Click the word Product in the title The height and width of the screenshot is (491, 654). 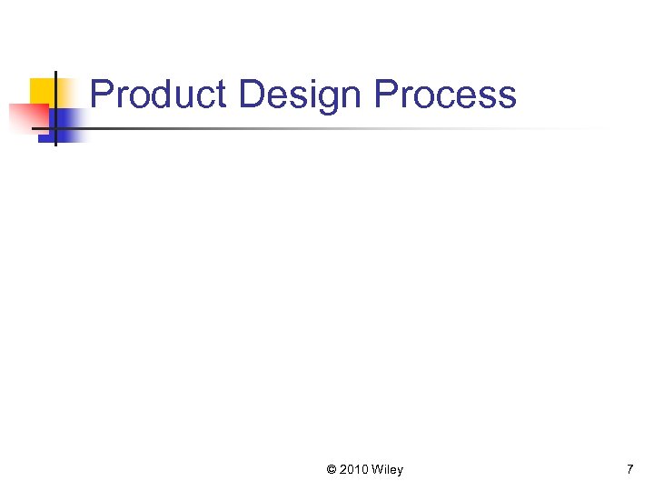(159, 95)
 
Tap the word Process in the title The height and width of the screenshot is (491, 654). (445, 95)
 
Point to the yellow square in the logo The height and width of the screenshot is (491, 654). (42, 91)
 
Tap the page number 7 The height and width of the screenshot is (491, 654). (629, 469)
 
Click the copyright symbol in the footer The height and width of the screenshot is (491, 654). (332, 470)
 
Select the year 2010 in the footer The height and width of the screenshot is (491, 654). (354, 470)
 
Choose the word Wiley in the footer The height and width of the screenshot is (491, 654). (388, 470)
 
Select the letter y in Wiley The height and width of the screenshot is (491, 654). (400, 472)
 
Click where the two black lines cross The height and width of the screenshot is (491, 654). (54, 128)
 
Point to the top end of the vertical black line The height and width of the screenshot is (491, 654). (54, 73)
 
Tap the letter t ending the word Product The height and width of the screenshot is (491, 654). (221, 95)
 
